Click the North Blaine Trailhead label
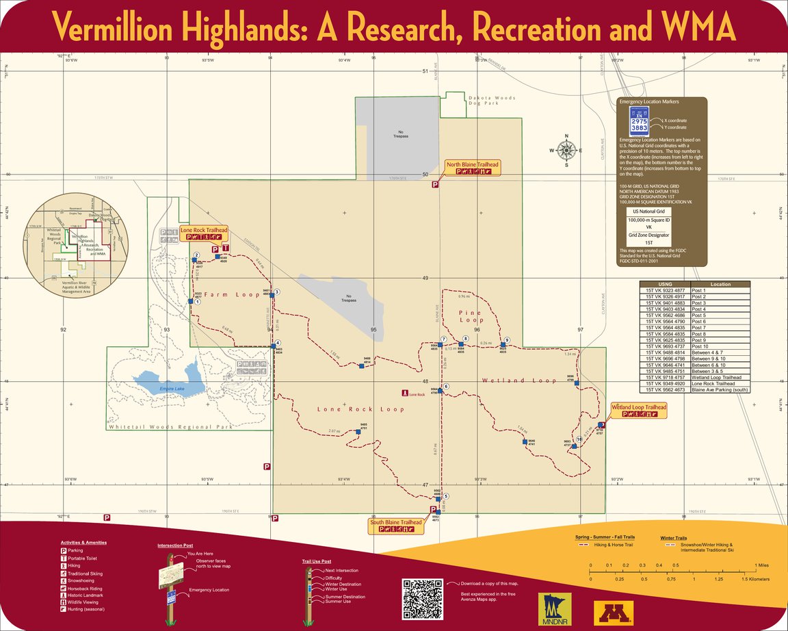pyautogui.click(x=473, y=165)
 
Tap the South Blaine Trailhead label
pyautogui.click(x=396, y=522)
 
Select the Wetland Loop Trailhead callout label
pyautogui.click(x=638, y=407)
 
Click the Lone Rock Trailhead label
pyautogui.click(x=203, y=231)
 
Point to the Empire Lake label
pyautogui.click(x=172, y=389)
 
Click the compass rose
pyautogui.click(x=566, y=150)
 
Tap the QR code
pyautogui.click(x=422, y=600)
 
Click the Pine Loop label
pyautogui.click(x=471, y=316)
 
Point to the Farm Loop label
pyautogui.click(x=232, y=295)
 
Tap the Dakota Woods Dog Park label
pyautogui.click(x=492, y=101)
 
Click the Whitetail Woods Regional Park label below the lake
pyautogui.click(x=170, y=426)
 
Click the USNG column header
pyautogui.click(x=664, y=284)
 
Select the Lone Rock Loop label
pyautogui.click(x=351, y=409)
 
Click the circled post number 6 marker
pyautogui.click(x=446, y=387)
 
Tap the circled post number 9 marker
pyautogui.click(x=507, y=340)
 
